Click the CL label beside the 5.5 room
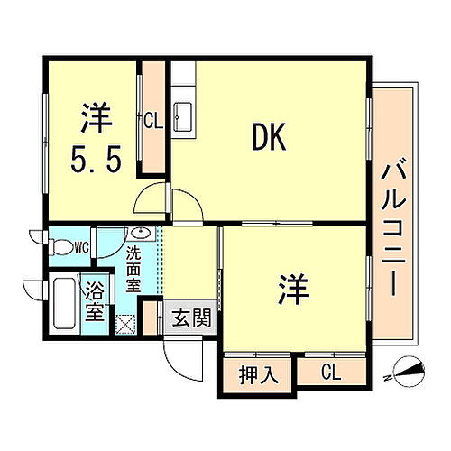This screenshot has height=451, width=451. click(x=152, y=118)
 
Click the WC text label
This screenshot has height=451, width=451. click(x=81, y=244)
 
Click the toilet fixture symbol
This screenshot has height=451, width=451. click(x=60, y=245)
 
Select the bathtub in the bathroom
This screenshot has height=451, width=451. click(x=66, y=303)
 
